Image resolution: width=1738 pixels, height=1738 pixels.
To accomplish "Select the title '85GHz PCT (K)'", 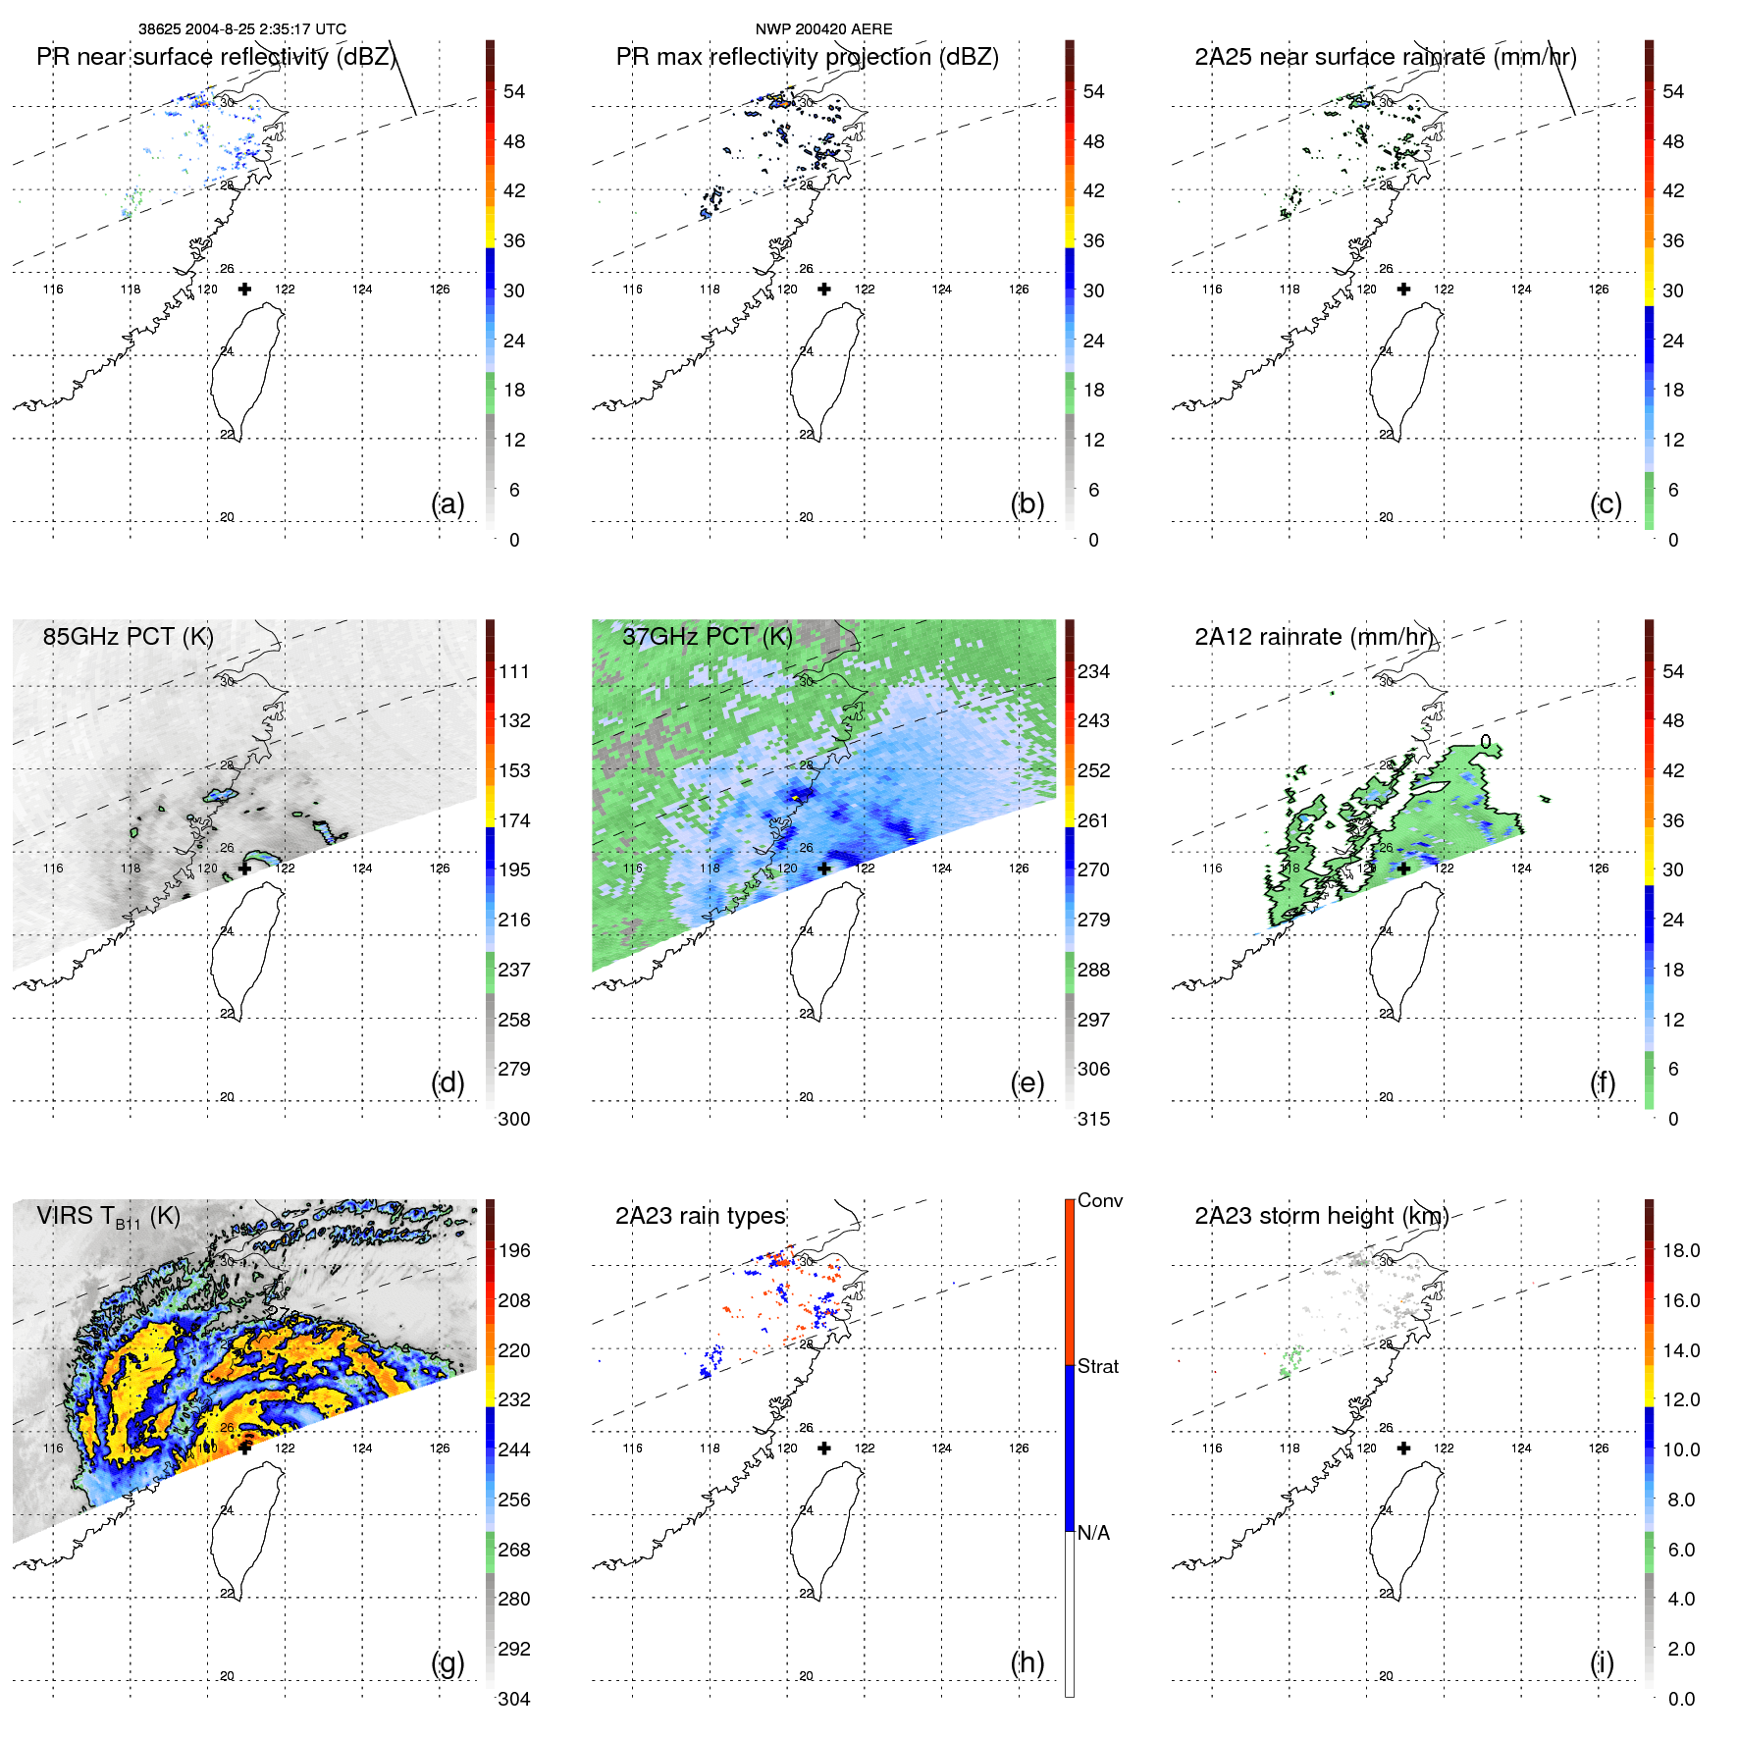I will pos(128,637).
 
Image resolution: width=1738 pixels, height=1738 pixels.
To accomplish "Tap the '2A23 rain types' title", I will pos(700,1216).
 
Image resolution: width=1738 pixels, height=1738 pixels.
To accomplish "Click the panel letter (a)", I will pos(448,503).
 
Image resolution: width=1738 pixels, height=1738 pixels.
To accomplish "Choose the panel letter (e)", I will pos(1027,1082).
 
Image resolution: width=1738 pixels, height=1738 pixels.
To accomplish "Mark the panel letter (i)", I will pos(1602,1662).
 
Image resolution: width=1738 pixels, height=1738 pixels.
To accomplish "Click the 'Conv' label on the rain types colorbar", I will pos(1099,1200).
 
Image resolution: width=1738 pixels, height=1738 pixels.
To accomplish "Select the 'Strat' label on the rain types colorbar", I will pos(1097,1366).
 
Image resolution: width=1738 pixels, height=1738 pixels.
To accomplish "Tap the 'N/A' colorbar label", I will pos(1093,1533).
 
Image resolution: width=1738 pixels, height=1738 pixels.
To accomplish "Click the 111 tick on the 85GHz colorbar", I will pos(513,671).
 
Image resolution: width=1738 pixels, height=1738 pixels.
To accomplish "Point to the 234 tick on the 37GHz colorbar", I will pos(1093,671).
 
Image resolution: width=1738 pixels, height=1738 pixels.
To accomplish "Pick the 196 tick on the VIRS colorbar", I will pos(513,1250).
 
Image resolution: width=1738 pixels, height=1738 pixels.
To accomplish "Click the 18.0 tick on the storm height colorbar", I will pos(1680,1250).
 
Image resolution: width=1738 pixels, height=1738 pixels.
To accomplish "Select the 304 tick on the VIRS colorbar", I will pos(513,1699).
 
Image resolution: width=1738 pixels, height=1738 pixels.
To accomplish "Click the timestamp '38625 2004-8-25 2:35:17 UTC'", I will pos(242,29).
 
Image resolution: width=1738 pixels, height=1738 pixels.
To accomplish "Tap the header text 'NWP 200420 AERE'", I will pos(823,29).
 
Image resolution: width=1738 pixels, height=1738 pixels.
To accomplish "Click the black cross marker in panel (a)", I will pos(244,289).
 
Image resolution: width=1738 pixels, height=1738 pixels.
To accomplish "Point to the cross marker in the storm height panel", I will pos(1403,1448).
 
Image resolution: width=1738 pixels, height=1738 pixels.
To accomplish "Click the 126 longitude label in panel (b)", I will pos(1019,290).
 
